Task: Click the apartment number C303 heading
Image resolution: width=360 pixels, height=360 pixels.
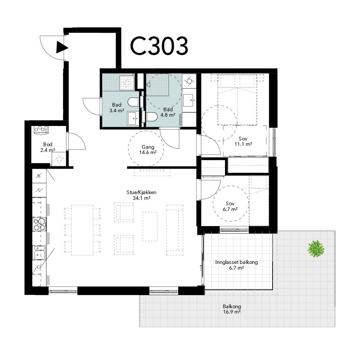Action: (159, 46)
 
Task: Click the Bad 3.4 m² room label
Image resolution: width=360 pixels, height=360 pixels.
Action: (116, 108)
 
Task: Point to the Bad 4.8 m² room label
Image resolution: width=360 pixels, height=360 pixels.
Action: (168, 112)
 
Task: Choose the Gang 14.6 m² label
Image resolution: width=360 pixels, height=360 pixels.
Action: (148, 149)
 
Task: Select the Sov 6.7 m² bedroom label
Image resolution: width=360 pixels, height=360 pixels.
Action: (230, 206)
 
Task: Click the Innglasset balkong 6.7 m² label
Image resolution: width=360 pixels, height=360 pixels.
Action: (237, 265)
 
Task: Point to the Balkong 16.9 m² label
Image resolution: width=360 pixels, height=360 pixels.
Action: (231, 309)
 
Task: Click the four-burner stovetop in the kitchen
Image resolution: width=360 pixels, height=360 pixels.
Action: (39, 224)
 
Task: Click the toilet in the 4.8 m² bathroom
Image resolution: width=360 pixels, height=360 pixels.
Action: (151, 117)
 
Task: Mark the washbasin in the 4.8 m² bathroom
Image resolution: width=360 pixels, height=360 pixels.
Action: (189, 100)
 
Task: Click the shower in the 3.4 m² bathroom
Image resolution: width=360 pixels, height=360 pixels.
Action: (126, 82)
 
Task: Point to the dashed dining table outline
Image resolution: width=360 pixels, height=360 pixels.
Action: (82, 230)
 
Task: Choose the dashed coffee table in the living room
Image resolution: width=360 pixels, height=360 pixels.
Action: (150, 226)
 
